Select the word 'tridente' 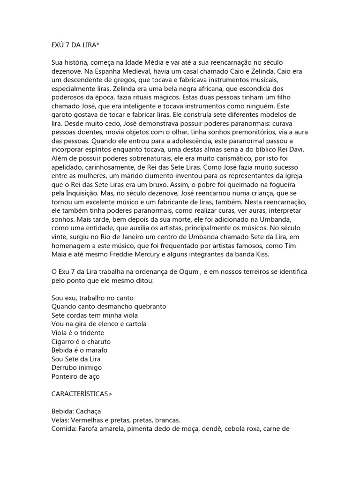90,333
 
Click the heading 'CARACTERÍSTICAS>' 82,394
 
